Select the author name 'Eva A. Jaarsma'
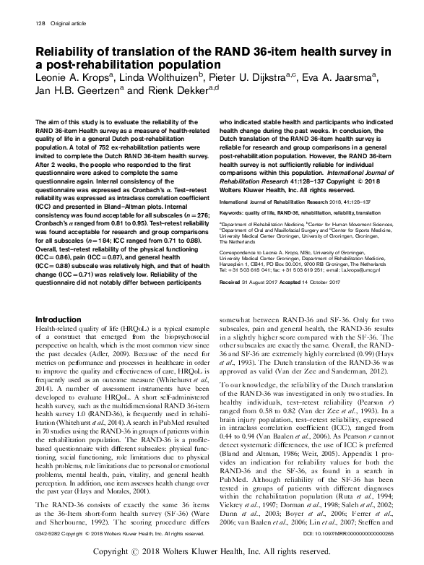tap(347, 77)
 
